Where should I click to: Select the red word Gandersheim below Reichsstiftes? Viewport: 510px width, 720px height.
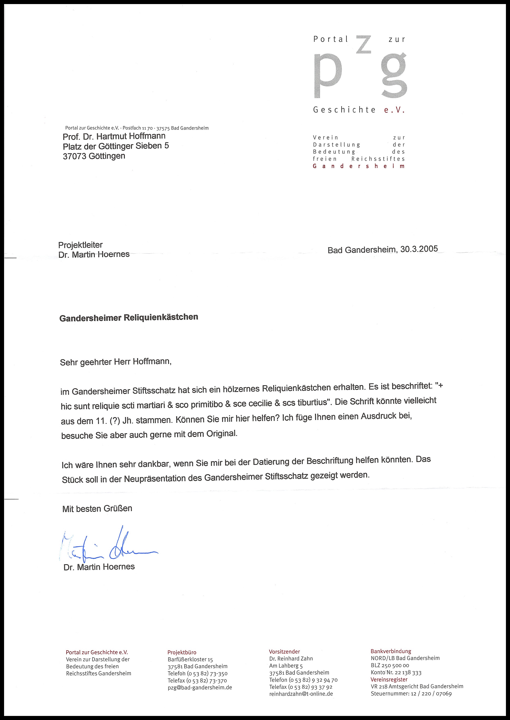tap(359, 166)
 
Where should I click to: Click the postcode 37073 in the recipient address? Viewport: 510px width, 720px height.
tap(74, 156)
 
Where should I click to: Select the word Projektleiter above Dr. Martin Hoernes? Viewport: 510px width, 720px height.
tap(80, 245)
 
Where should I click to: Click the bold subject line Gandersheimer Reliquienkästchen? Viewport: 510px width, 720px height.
tap(129, 318)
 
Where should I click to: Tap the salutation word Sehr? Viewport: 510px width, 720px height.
tap(69, 363)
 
